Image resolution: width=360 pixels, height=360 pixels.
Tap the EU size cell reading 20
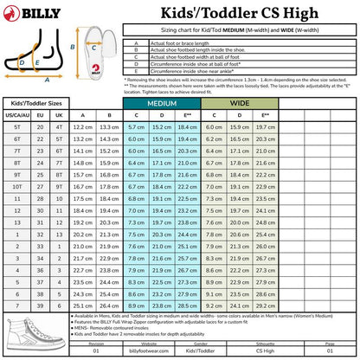pyautogui.click(x=40, y=126)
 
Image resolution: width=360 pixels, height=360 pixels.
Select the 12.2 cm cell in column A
pyautogui.click(x=82, y=126)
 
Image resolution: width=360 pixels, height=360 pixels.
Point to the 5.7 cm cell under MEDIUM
pyautogui.click(x=136, y=126)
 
